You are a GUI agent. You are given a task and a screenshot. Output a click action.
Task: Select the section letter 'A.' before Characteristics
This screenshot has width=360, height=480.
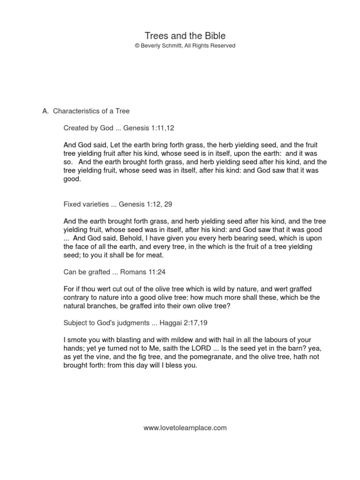[x=45, y=111]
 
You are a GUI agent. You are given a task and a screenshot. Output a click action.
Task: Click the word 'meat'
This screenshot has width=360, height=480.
[x=152, y=255]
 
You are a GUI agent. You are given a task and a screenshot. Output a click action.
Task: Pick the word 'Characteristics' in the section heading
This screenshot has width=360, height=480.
[x=76, y=111]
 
